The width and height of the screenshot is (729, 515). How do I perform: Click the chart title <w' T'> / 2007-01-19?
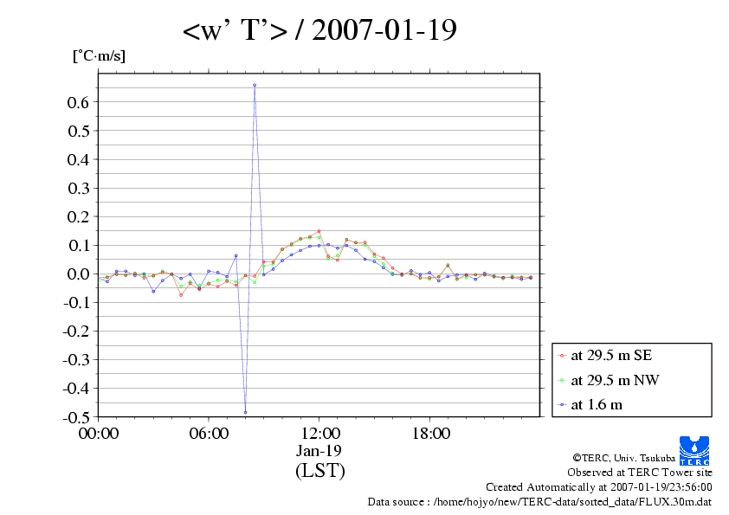coord(319,31)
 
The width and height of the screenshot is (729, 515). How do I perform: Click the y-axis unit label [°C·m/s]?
coord(98,56)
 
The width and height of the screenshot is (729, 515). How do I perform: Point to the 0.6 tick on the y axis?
coord(79,102)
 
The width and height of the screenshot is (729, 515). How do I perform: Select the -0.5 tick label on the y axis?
coord(76,416)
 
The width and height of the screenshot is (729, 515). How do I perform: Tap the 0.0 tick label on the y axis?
coord(79,274)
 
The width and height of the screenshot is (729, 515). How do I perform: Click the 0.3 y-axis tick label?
coord(79,188)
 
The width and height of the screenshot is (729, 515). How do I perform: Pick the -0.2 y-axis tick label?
coord(76,331)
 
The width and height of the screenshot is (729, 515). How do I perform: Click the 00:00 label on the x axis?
coord(99,434)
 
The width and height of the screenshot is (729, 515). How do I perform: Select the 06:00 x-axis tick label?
coord(209,434)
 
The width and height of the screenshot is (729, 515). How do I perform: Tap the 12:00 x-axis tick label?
coord(319,434)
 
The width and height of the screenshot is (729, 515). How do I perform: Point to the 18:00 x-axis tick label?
coord(430,434)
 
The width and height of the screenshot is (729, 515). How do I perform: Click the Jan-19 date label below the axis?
coord(319,451)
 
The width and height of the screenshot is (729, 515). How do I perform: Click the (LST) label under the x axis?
coord(319,471)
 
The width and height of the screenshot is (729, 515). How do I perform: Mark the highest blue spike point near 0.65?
coord(255,85)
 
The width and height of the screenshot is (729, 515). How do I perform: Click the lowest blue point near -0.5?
coord(245,412)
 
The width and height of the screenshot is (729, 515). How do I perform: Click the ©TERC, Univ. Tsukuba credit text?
coord(642,458)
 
